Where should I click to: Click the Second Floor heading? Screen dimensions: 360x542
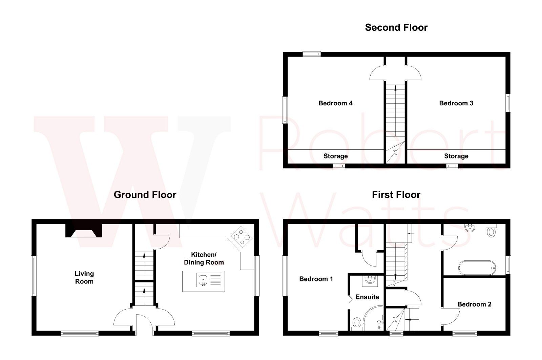point(396,27)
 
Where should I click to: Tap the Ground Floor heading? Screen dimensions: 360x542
point(145,195)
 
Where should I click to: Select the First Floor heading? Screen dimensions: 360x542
point(396,195)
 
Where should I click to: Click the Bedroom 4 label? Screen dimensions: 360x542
point(335,103)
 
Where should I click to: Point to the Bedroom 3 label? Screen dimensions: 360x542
point(456,103)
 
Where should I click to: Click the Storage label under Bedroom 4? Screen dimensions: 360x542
point(335,156)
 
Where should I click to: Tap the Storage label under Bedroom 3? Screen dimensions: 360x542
point(456,156)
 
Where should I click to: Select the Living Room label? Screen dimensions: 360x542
point(84,277)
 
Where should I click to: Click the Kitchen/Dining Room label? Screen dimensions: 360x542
point(204,258)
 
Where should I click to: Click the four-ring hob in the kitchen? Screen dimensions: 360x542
point(242,236)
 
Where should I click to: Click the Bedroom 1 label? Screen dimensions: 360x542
point(316,279)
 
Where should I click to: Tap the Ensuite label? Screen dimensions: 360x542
point(367,297)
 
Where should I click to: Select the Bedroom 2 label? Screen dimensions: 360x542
point(474,304)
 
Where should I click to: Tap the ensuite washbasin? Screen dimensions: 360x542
point(369,280)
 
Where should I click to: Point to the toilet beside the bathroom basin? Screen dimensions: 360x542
point(491,232)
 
